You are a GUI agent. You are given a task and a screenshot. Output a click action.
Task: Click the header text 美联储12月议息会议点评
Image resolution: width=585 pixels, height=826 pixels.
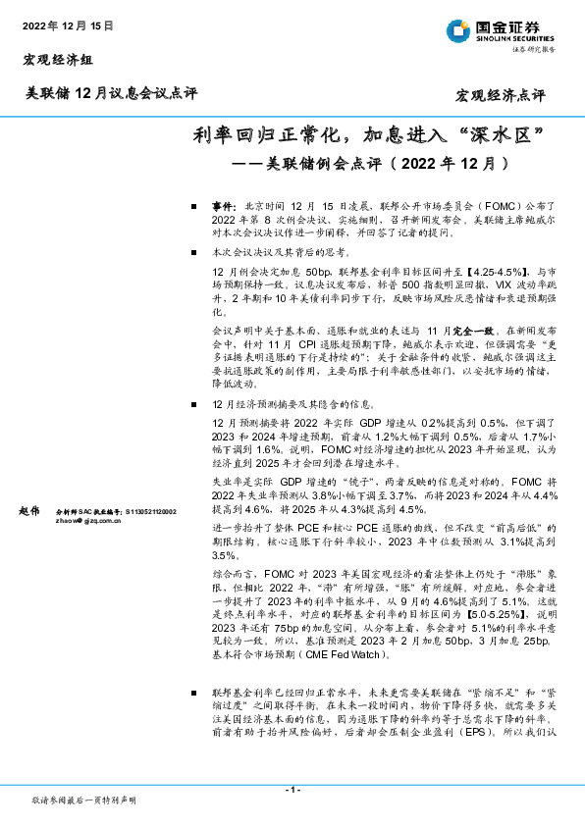pos(111,94)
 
